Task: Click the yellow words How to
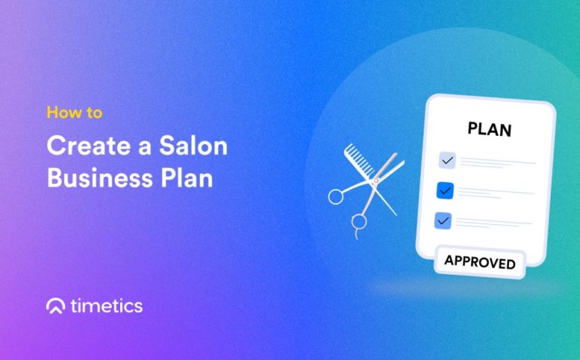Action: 74,113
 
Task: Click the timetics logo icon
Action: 55,306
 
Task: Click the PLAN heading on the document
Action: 489,129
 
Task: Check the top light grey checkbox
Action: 447,160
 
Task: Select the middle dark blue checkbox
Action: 445,191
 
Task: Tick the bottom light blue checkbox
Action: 443,220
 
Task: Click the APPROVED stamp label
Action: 480,263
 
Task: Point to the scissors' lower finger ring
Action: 359,221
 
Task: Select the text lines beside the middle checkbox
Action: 495,193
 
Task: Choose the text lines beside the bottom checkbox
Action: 493,223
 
